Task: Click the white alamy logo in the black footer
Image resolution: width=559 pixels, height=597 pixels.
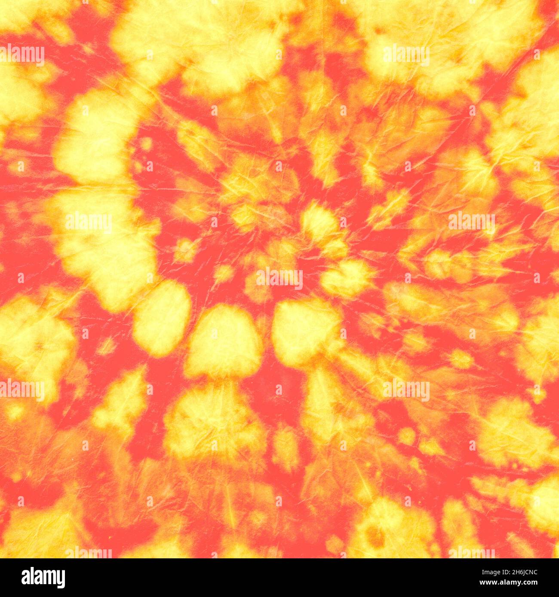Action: pyautogui.click(x=43, y=578)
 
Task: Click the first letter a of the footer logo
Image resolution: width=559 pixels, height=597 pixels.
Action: pyautogui.click(x=25, y=578)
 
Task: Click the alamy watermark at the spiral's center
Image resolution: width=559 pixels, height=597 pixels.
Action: pyautogui.click(x=279, y=278)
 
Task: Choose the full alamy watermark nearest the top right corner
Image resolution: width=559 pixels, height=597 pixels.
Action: pyautogui.click(x=406, y=55)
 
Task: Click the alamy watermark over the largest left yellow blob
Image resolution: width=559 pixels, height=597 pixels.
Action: pyautogui.click(x=89, y=222)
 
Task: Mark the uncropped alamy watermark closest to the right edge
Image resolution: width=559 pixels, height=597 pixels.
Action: pyautogui.click(x=471, y=222)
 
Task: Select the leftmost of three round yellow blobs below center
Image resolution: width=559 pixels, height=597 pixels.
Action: pyautogui.click(x=162, y=318)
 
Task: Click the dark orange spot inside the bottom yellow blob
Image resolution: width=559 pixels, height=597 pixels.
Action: pyautogui.click(x=375, y=537)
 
